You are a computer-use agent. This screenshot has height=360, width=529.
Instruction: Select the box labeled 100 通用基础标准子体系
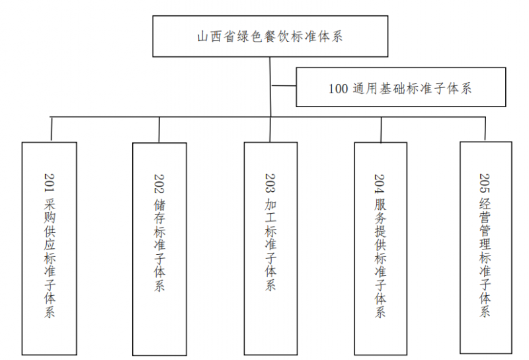click(400, 87)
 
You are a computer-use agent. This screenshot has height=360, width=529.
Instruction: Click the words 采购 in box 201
click(50, 212)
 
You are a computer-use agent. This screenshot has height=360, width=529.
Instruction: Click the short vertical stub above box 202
click(159, 130)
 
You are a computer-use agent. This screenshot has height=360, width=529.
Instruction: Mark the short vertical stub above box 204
click(380, 130)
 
